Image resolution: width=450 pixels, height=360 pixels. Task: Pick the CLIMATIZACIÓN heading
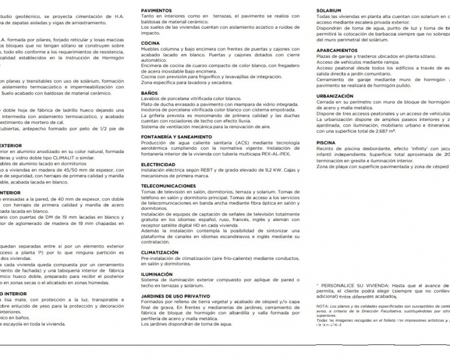(x=160, y=253)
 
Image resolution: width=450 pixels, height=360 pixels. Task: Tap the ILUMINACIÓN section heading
(x=157, y=274)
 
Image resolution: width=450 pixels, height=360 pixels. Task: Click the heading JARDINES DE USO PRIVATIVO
(x=175, y=295)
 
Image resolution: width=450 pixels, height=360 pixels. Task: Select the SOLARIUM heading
(x=329, y=11)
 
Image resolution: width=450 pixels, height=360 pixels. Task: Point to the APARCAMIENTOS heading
(x=337, y=49)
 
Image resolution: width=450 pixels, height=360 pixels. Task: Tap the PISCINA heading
(x=326, y=143)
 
